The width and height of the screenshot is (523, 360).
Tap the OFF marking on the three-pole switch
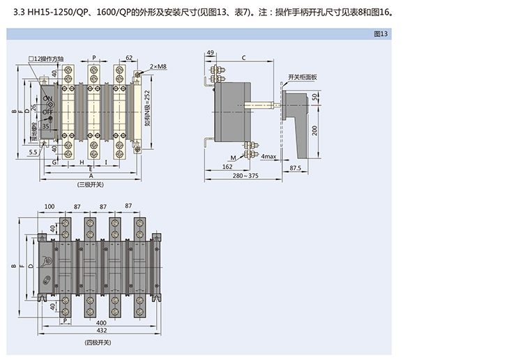coord(48,112)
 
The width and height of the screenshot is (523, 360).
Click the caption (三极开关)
coord(90,184)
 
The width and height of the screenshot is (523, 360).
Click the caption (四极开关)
coord(97,343)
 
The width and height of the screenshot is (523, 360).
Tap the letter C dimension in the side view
coord(243,58)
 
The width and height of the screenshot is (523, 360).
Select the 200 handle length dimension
coord(315,130)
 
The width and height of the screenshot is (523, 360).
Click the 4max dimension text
coord(269,158)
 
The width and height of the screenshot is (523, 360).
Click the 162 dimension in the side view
coord(227,167)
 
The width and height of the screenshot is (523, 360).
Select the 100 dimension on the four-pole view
coord(50,207)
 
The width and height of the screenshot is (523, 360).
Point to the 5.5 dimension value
coord(33,151)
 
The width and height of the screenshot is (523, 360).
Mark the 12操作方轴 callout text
coord(47,60)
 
